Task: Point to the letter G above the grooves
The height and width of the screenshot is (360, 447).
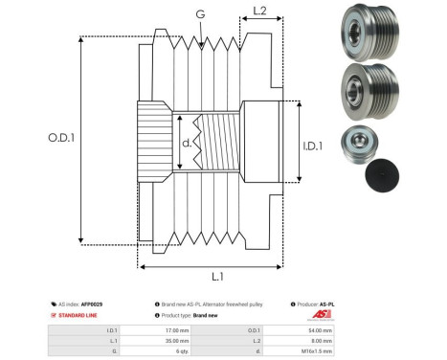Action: point(200,14)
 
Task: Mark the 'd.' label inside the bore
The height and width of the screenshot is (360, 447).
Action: point(187,146)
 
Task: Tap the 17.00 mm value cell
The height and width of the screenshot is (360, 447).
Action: point(176,329)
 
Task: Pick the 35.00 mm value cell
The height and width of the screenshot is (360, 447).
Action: point(176,340)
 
